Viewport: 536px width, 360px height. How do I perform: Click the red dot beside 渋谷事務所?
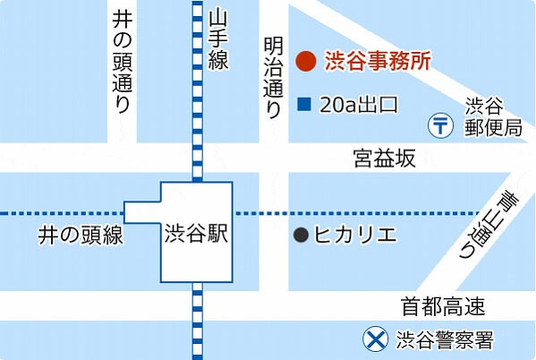[x=305, y=62]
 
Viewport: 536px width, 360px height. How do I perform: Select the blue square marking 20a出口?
[x=303, y=105]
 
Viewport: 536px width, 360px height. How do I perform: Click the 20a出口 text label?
[x=358, y=105]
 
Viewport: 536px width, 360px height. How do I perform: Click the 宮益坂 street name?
[x=383, y=159]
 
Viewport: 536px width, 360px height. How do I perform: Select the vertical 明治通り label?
[x=274, y=75]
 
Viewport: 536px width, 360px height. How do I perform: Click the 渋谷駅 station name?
[x=197, y=235]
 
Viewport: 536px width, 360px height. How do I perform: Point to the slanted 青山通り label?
[x=484, y=224]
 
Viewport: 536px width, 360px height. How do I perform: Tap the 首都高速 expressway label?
[x=443, y=307]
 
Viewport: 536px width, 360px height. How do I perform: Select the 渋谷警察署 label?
[x=444, y=340]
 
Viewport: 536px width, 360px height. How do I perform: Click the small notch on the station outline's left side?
[x=141, y=212]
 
